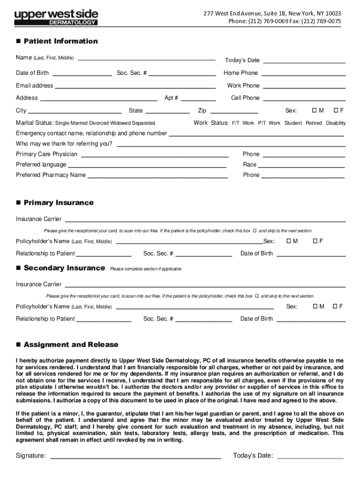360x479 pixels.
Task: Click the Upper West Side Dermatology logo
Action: click(56, 17)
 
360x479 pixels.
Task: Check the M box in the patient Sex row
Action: click(315, 110)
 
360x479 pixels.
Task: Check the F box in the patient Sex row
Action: click(336, 110)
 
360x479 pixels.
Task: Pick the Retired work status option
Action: click(314, 123)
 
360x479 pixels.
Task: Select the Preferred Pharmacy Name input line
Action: click(158, 176)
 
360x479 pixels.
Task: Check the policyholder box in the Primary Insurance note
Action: click(255, 231)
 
